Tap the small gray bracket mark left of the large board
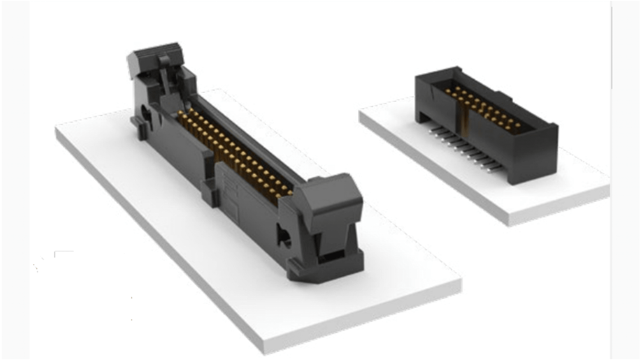[x=61, y=253]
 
